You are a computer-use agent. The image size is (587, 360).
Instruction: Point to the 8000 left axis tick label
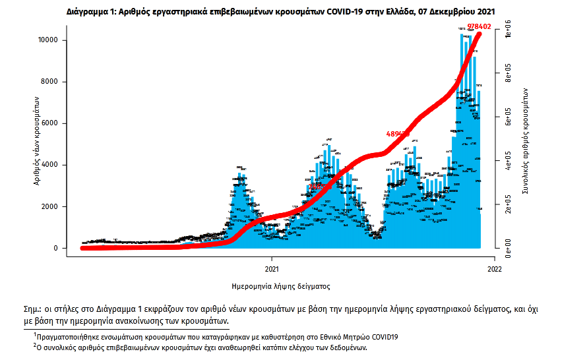click(58, 82)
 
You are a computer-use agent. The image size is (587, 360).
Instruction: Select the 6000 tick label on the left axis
click(58, 123)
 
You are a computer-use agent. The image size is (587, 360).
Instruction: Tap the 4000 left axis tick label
click(58, 165)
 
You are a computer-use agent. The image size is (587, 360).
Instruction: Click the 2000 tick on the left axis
click(58, 206)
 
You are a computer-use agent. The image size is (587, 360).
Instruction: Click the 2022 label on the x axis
click(495, 268)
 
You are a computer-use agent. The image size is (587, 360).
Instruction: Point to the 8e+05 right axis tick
click(507, 76)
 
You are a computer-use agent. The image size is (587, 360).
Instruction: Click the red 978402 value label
click(479, 26)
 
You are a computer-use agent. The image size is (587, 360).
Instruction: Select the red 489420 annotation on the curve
click(398, 134)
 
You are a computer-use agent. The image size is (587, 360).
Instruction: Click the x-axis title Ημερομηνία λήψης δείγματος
click(282, 287)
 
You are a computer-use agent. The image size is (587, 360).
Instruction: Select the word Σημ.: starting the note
click(32, 309)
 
